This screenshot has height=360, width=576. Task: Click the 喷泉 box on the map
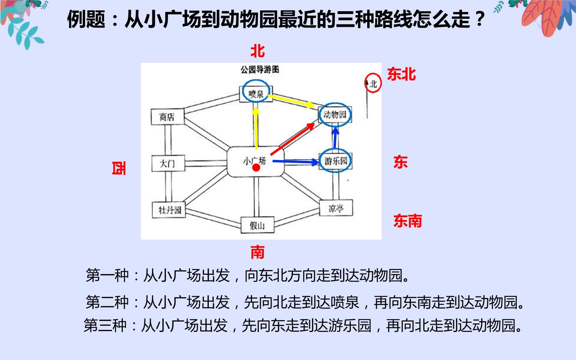point(256,94)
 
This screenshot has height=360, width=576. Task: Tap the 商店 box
point(167,117)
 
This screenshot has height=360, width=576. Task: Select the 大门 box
point(168,163)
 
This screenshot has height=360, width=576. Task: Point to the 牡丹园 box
point(169,210)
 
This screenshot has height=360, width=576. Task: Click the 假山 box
point(258,225)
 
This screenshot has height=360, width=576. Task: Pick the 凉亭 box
point(336,208)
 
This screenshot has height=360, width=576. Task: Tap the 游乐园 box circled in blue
point(336,161)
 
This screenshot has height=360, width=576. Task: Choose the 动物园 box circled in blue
point(335,115)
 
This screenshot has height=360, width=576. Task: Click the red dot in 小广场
point(256,168)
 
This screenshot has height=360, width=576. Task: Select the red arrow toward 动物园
point(293,139)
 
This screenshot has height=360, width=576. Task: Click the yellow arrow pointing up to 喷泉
point(256,128)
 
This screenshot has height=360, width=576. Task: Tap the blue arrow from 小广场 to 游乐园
point(296,162)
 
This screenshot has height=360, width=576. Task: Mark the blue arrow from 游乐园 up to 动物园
point(335,138)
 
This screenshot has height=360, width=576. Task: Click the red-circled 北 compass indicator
point(373,83)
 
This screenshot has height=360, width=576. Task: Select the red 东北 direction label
point(402,74)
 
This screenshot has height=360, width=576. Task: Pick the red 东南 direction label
point(408,221)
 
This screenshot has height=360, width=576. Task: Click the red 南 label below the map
point(258,252)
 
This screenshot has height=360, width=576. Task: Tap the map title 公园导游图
point(260,70)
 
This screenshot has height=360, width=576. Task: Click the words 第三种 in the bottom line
point(105,326)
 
